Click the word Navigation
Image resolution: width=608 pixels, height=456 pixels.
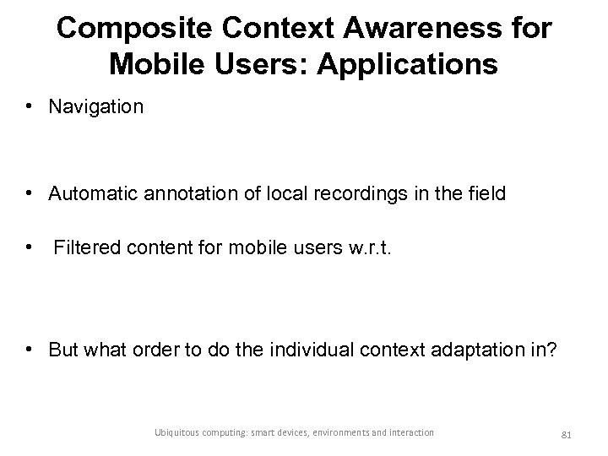coord(96,107)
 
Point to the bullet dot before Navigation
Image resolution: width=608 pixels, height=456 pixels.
coord(29,107)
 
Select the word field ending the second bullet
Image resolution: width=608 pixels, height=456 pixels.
coord(486,194)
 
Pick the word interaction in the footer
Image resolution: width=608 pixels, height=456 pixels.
coord(410,432)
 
